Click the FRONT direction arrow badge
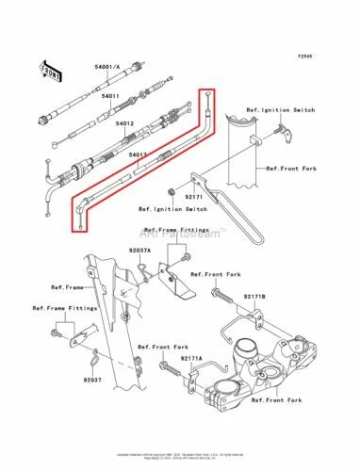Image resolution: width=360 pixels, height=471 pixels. [49, 71]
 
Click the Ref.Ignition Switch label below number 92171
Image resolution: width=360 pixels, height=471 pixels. [172, 209]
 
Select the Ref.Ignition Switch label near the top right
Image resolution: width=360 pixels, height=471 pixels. [279, 111]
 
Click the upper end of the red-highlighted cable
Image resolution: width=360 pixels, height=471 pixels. [209, 94]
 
